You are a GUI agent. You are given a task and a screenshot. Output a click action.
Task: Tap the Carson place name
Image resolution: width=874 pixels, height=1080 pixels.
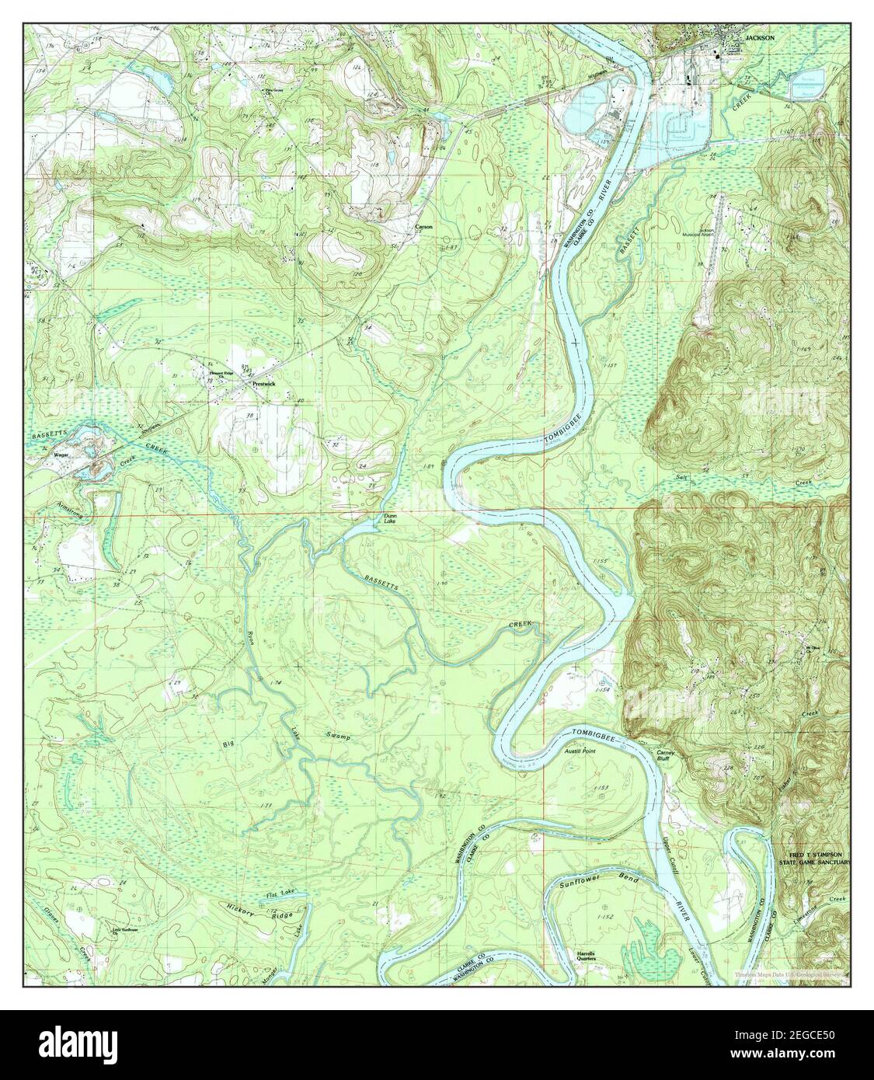tap(423, 227)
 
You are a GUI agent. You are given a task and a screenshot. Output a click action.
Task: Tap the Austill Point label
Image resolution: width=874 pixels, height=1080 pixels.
tap(578, 753)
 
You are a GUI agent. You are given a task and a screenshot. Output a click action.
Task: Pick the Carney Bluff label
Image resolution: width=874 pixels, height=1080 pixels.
tap(667, 757)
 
